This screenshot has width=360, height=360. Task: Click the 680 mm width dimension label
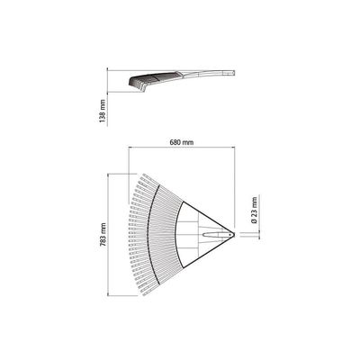pos(182,142)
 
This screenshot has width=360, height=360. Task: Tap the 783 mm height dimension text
pos(103,235)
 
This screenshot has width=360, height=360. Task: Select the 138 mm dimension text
pos(103,111)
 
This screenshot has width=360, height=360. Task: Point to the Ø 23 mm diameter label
pos(255,210)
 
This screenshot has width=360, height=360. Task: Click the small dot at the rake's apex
pos(229,235)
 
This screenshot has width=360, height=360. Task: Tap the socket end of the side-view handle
pos(230,73)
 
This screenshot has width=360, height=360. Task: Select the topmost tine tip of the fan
pos(144,175)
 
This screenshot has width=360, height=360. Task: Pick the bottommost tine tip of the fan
pos(144,295)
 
